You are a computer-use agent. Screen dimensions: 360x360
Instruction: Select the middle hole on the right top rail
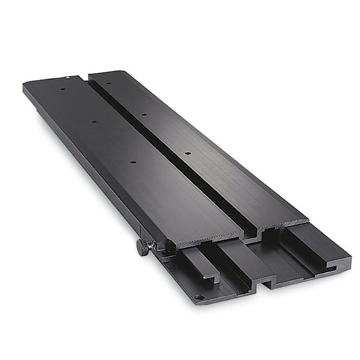pos(144,115)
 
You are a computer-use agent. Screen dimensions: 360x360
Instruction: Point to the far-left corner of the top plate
pos(25,85)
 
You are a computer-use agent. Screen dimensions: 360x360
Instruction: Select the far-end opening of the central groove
pos(87,77)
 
